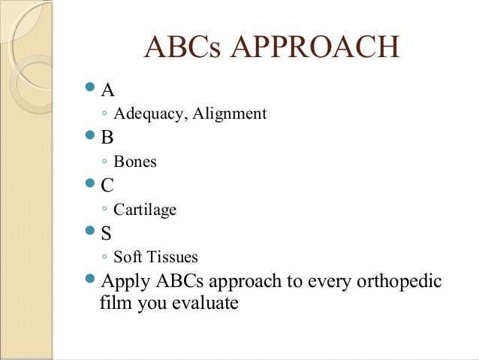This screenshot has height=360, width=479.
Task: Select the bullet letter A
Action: click(x=108, y=91)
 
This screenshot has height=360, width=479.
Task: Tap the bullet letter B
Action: click(x=107, y=138)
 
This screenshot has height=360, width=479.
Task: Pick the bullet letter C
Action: click(x=107, y=186)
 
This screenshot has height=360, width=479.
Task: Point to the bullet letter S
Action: click(x=106, y=233)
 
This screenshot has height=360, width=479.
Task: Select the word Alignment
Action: click(x=229, y=114)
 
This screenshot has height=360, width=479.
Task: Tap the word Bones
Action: click(x=135, y=162)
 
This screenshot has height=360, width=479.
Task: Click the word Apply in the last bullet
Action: click(x=125, y=282)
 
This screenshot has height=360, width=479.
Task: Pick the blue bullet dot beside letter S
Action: click(x=90, y=231)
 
